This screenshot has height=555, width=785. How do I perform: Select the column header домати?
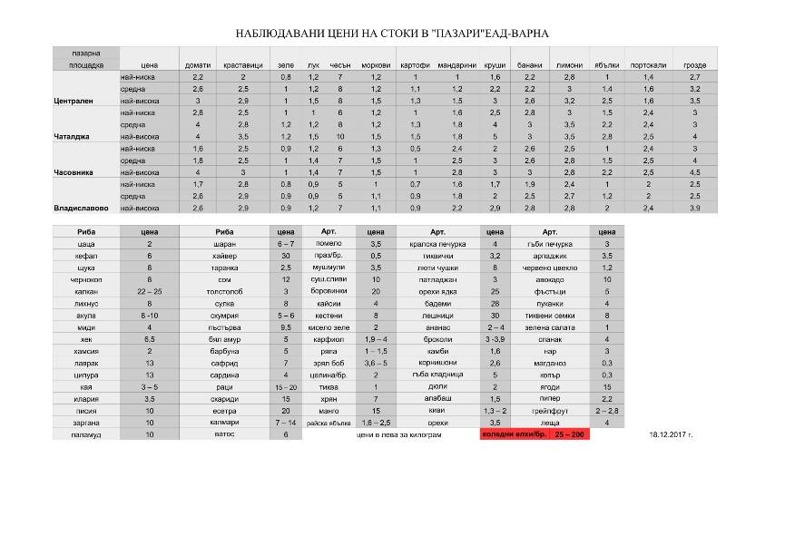[x=197, y=65]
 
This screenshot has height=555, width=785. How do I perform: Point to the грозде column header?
[x=695, y=65]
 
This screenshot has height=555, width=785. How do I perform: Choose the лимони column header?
[x=569, y=65]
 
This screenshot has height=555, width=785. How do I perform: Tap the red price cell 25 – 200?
[x=570, y=435]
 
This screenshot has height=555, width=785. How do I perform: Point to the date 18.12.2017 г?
[x=672, y=435]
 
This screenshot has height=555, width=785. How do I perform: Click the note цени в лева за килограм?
[x=399, y=435]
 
